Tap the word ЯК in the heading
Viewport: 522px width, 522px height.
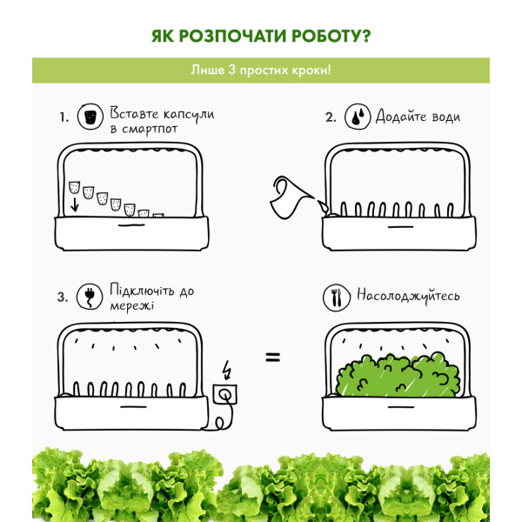(163, 36)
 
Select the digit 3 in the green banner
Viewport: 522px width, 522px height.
(232, 70)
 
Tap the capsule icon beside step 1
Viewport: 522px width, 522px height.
(90, 117)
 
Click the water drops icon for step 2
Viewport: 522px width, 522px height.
(358, 117)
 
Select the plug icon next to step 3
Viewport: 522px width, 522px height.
(90, 297)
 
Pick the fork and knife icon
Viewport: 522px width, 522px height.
(337, 298)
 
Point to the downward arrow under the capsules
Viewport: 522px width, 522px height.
(75, 204)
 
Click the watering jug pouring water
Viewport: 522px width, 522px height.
(290, 197)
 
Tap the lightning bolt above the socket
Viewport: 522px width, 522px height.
(227, 370)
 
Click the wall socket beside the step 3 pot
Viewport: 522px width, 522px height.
(225, 394)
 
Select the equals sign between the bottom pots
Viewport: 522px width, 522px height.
(273, 358)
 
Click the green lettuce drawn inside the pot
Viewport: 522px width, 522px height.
(398, 375)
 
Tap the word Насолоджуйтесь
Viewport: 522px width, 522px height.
(408, 296)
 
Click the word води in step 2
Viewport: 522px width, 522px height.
(446, 117)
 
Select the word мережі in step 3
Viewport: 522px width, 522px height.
(132, 305)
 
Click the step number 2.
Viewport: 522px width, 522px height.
(330, 117)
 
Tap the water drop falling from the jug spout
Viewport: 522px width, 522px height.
(323, 206)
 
